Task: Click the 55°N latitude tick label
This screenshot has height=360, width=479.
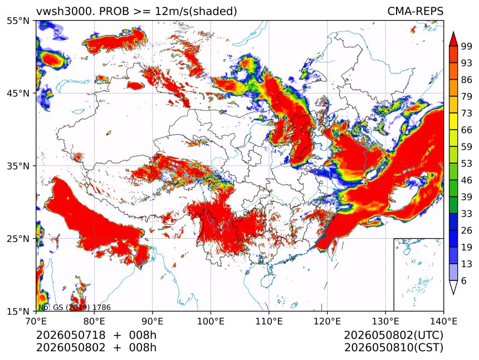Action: click(18, 21)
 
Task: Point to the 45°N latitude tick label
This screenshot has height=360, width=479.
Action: click(18, 93)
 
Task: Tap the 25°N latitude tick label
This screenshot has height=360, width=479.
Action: click(18, 238)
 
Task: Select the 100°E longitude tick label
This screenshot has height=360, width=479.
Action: click(211, 321)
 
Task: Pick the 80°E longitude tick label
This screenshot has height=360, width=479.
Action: click(94, 321)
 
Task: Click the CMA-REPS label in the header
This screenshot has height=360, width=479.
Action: click(415, 11)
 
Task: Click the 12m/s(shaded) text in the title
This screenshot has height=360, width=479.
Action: click(196, 12)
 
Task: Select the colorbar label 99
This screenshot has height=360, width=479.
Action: click(467, 46)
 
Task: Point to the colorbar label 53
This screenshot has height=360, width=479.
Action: click(467, 164)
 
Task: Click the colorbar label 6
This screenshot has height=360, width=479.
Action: click(464, 280)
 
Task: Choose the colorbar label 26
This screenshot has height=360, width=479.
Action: click(467, 230)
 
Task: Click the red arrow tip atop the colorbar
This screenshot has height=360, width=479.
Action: click(453, 32)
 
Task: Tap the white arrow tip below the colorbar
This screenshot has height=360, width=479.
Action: click(453, 294)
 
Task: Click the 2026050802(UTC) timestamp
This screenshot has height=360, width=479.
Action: click(393, 336)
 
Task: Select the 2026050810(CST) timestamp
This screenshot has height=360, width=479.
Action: click(393, 348)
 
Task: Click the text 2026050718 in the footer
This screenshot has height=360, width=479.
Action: click(71, 335)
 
